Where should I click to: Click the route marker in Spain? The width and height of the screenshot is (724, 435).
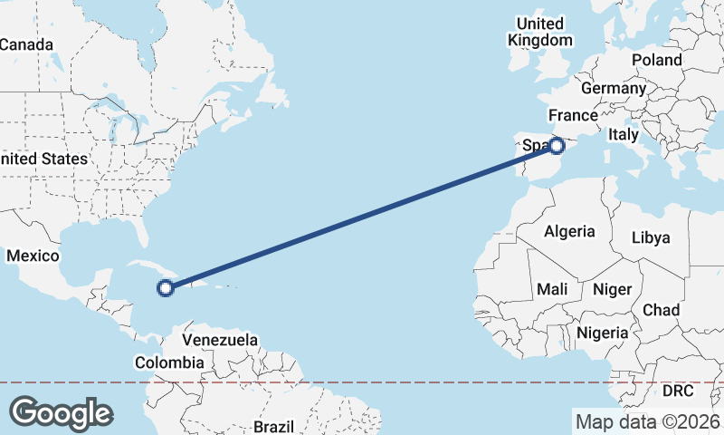(557, 145)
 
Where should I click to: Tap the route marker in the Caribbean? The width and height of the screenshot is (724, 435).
(165, 288)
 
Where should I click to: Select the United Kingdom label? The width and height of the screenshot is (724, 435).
(540, 32)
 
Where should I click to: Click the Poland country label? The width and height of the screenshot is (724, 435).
(657, 60)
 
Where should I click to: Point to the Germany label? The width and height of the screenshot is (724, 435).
(613, 89)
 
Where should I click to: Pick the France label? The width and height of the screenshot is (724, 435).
(573, 116)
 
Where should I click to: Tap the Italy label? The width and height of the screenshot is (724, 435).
(623, 134)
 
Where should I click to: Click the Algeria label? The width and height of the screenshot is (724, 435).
(569, 231)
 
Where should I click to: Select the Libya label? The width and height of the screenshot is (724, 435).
(651, 237)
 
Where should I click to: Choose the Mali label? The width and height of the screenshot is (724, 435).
(552, 289)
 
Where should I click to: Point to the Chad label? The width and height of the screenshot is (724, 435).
(661, 310)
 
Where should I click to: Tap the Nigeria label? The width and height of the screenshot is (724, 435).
(602, 333)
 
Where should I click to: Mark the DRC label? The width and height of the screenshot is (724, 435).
(677, 391)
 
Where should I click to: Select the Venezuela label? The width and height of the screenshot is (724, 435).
(220, 340)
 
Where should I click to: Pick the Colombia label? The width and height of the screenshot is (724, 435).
(169, 362)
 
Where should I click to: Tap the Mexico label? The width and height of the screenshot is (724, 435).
(33, 256)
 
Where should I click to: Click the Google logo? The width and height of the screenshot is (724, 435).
(61, 413)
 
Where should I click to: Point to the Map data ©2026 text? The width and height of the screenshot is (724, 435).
(648, 421)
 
